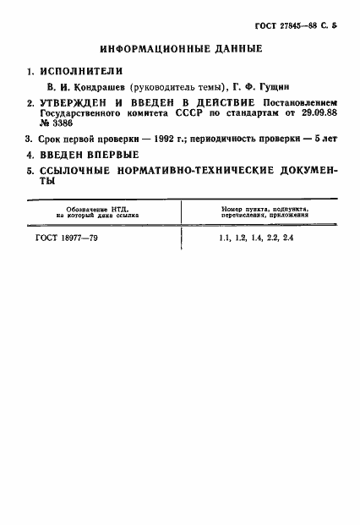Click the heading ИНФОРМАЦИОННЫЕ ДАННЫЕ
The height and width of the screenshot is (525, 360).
pos(179,48)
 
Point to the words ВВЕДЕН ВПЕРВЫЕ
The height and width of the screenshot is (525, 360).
pos(90,155)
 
